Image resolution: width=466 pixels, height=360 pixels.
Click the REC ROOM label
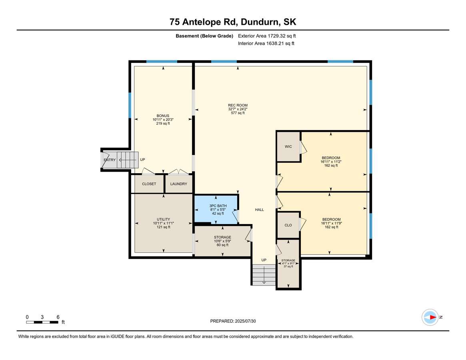pyautogui.click(x=238, y=105)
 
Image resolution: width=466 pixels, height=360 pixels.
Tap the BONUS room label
pyautogui.click(x=163, y=116)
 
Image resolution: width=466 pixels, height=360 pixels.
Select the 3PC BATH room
pyautogui.click(x=216, y=209)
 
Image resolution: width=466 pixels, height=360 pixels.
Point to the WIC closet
pyautogui.click(x=288, y=146)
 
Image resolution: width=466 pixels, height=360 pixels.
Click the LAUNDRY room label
pyautogui.click(x=179, y=184)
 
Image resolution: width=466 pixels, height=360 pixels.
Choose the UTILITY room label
pyautogui.click(x=164, y=219)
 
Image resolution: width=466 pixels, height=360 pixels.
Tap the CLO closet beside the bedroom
pyautogui.click(x=288, y=225)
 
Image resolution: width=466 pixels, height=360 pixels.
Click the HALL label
pyautogui.click(x=260, y=210)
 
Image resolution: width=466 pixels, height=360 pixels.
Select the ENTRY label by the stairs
pyautogui.click(x=110, y=160)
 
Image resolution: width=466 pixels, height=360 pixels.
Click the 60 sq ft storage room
pyautogui.click(x=222, y=241)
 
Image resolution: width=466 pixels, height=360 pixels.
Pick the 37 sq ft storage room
pyautogui.click(x=288, y=264)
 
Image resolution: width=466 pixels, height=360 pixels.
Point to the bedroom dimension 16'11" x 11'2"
pyautogui.click(x=331, y=162)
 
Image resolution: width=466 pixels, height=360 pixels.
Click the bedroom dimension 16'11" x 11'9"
pyautogui.click(x=331, y=223)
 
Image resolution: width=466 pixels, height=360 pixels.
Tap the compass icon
pyautogui.click(x=430, y=317)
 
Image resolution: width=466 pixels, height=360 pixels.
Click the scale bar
pyautogui.click(x=42, y=322)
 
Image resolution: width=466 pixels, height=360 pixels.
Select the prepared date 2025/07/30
pyautogui.click(x=233, y=321)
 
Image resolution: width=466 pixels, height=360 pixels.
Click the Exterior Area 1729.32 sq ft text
pyautogui.click(x=267, y=36)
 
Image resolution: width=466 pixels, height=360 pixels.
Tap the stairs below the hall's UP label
pyautogui.click(x=264, y=275)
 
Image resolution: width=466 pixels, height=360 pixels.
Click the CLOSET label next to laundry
pyautogui.click(x=149, y=184)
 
